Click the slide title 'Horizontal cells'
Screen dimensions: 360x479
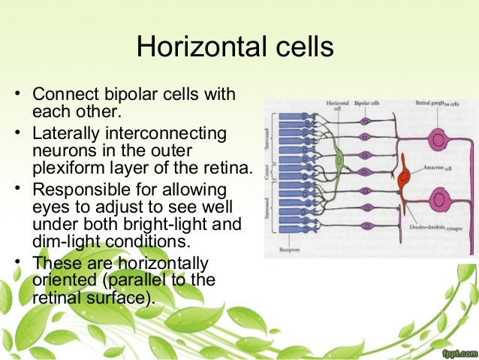tap(234, 47)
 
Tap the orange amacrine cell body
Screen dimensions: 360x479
tap(405, 177)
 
